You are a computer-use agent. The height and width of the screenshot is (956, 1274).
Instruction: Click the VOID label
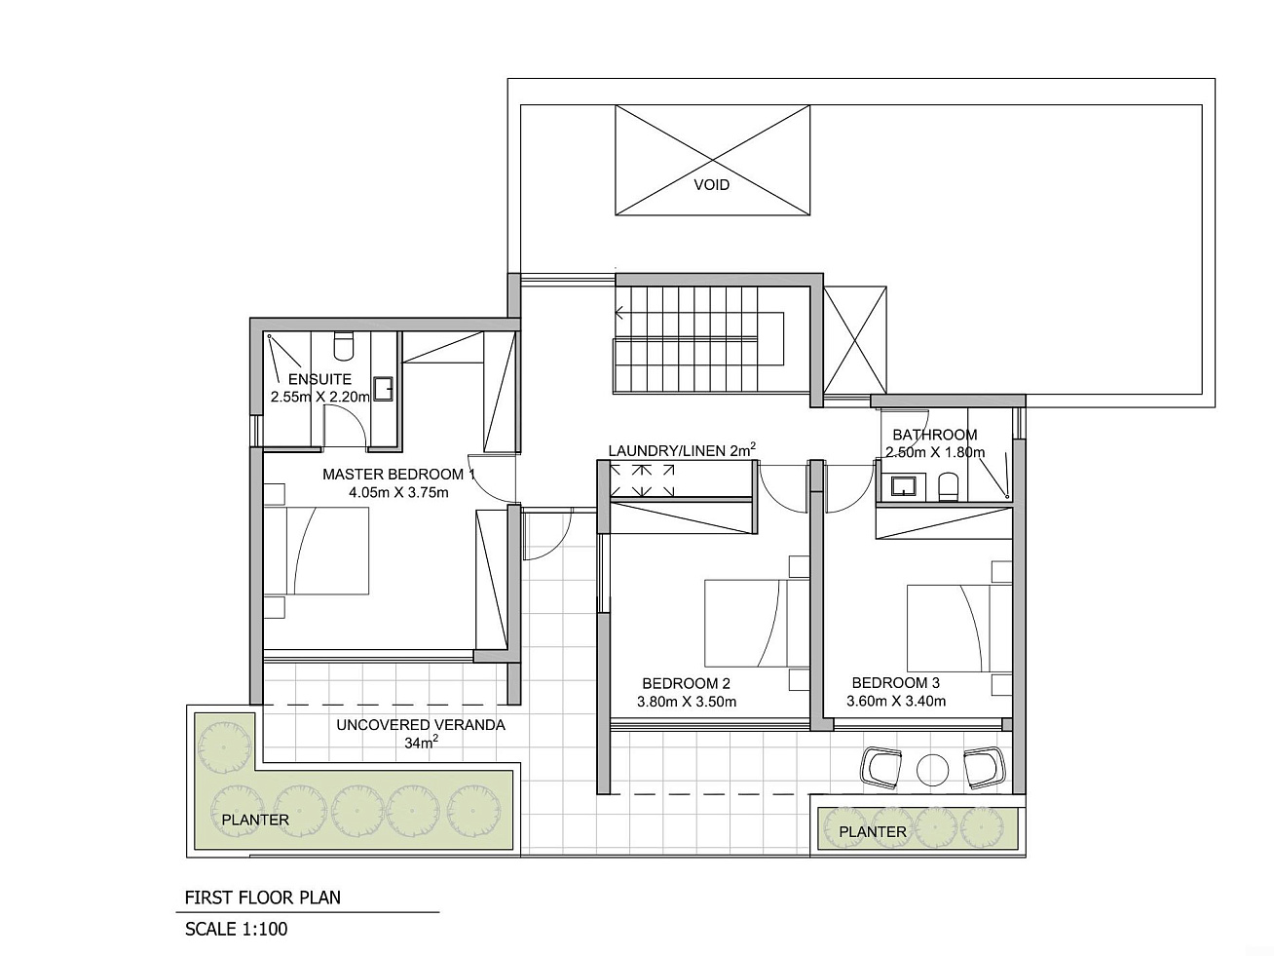[x=712, y=185]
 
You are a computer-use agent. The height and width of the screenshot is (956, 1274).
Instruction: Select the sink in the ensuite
[x=383, y=388]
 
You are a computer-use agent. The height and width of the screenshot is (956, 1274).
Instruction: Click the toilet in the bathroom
[x=948, y=486]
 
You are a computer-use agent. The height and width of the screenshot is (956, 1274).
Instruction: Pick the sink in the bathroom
[x=898, y=486]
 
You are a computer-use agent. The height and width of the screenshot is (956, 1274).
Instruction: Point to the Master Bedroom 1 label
[x=398, y=475]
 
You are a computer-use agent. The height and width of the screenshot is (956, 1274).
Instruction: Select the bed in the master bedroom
[x=317, y=551]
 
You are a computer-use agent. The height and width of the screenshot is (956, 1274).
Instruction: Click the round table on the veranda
[x=932, y=770]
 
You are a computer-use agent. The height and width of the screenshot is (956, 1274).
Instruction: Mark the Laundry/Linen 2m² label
[x=682, y=450]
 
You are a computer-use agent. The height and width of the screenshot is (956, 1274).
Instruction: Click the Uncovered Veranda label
[x=421, y=725]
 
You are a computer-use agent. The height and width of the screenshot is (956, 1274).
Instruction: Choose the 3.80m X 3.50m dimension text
[x=687, y=702]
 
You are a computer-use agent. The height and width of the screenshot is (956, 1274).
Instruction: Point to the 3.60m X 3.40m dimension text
[x=896, y=702]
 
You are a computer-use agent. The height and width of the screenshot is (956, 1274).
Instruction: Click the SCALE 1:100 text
[x=237, y=930]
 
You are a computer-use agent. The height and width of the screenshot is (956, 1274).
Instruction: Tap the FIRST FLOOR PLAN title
[x=262, y=898]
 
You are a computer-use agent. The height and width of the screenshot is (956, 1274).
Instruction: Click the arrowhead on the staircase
[x=619, y=313]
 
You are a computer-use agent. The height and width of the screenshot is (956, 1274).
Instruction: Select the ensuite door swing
[x=345, y=427]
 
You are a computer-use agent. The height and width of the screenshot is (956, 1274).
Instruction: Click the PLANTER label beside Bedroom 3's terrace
[x=873, y=832]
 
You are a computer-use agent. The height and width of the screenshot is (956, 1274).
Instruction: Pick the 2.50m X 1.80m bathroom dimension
[x=935, y=452]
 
